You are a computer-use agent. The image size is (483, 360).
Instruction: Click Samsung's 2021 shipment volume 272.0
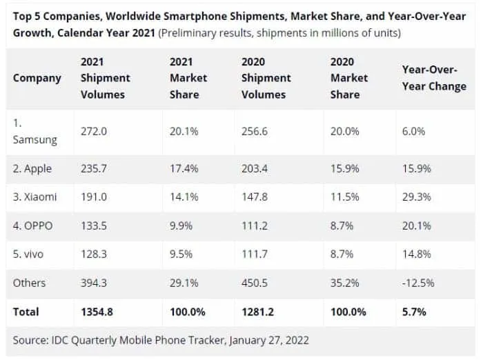click(x=94, y=130)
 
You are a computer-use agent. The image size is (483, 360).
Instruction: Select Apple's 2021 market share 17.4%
click(x=184, y=168)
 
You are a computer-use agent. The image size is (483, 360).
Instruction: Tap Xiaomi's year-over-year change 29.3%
click(x=416, y=197)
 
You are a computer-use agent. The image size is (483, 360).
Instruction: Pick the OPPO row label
click(x=33, y=225)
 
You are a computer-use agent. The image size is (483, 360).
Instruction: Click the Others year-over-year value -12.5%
click(x=418, y=283)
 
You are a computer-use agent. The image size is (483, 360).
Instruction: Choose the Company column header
click(x=37, y=78)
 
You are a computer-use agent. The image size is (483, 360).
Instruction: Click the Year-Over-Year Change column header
click(x=433, y=78)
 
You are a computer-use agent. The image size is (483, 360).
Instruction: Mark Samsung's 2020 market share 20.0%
click(x=345, y=130)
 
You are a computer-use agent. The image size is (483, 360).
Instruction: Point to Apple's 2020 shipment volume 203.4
click(x=256, y=168)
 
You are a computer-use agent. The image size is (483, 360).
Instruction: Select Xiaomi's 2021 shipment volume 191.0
click(x=94, y=197)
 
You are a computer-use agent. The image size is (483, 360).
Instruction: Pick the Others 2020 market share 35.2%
click(x=345, y=283)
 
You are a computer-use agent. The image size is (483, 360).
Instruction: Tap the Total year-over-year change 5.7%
click(x=414, y=312)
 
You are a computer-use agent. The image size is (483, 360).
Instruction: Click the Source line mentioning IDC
click(x=161, y=340)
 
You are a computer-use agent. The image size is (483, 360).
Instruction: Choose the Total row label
click(x=26, y=312)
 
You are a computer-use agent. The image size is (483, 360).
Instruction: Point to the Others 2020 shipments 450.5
click(x=256, y=283)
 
